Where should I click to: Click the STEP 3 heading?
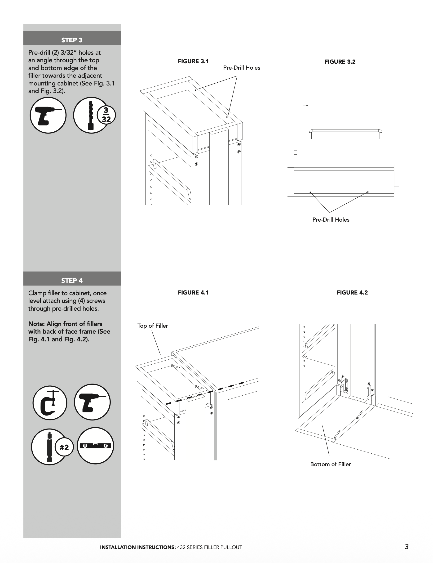coord(72,40)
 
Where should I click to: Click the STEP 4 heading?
coord(72,281)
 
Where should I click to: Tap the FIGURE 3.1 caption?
coord(193,61)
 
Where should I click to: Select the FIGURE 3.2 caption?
coord(340,62)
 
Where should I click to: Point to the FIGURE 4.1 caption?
coord(193,292)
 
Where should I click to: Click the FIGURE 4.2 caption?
coord(352,292)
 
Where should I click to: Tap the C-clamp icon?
coord(50,403)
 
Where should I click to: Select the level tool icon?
coord(95,446)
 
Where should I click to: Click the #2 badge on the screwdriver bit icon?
coord(64,447)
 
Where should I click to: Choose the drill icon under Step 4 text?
coord(92,402)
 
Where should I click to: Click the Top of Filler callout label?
coord(152,326)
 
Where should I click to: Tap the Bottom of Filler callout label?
coord(330,464)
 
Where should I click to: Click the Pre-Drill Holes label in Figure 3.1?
coord(241,67)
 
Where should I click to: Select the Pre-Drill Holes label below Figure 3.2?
coord(331,220)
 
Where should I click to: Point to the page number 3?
coord(406,546)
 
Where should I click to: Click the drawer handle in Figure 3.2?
coord(345,131)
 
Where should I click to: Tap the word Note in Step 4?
coord(35,324)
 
